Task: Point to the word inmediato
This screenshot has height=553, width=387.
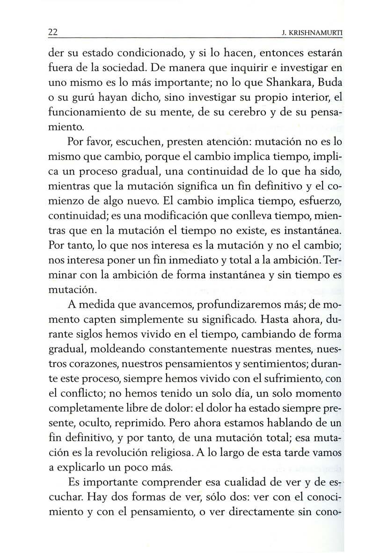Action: click(x=196, y=259)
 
